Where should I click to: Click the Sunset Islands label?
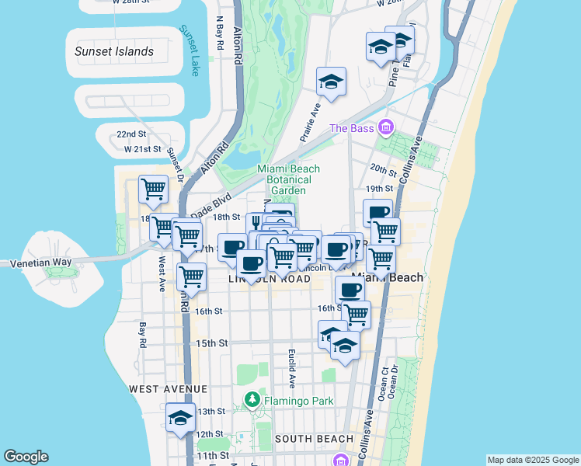pos(114,51)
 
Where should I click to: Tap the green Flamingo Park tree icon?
pos(252,401)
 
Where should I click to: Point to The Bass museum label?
pos(352,128)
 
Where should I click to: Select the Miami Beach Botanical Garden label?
pos(288,179)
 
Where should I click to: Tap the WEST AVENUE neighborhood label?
pos(168,388)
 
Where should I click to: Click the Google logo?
pos(26,457)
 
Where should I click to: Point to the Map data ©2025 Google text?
pos(532,460)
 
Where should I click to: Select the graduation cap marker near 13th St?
pos(180,417)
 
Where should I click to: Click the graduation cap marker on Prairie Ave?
pos(331,82)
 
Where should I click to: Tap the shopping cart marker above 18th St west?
pos(153,189)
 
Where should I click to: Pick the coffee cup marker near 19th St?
pos(377,212)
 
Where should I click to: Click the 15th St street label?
pos(211,343)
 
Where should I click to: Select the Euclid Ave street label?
pos(292,368)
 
